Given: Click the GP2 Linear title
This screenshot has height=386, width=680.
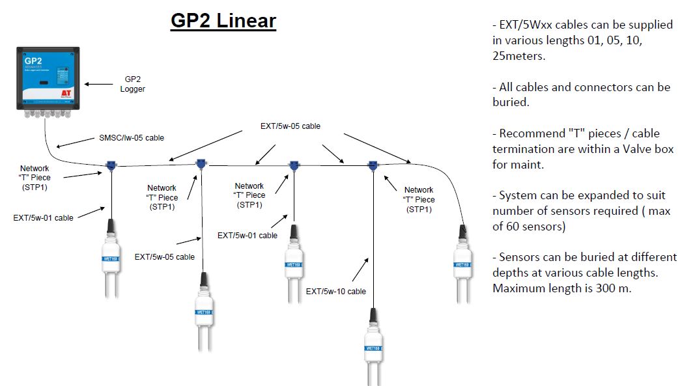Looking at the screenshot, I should click(x=223, y=21).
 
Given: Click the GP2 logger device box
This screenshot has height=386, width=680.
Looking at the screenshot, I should click(x=47, y=76).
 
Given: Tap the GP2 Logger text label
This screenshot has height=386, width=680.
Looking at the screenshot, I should click(x=132, y=84).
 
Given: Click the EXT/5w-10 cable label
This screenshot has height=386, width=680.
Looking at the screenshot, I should click(x=335, y=291).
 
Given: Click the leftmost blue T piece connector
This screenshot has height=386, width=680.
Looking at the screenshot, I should click(x=112, y=165).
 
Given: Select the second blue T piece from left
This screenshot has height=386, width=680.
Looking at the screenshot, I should click(x=201, y=163).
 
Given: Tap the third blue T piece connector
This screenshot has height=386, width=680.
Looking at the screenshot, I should click(x=294, y=165).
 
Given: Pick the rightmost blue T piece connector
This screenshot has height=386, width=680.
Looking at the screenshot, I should click(x=373, y=165).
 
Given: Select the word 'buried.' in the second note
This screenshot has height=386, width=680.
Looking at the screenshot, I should click(x=509, y=102).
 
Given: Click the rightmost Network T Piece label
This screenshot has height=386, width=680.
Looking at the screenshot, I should click(x=419, y=199).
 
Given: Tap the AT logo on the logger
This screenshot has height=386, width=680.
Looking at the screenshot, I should click(x=66, y=93).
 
